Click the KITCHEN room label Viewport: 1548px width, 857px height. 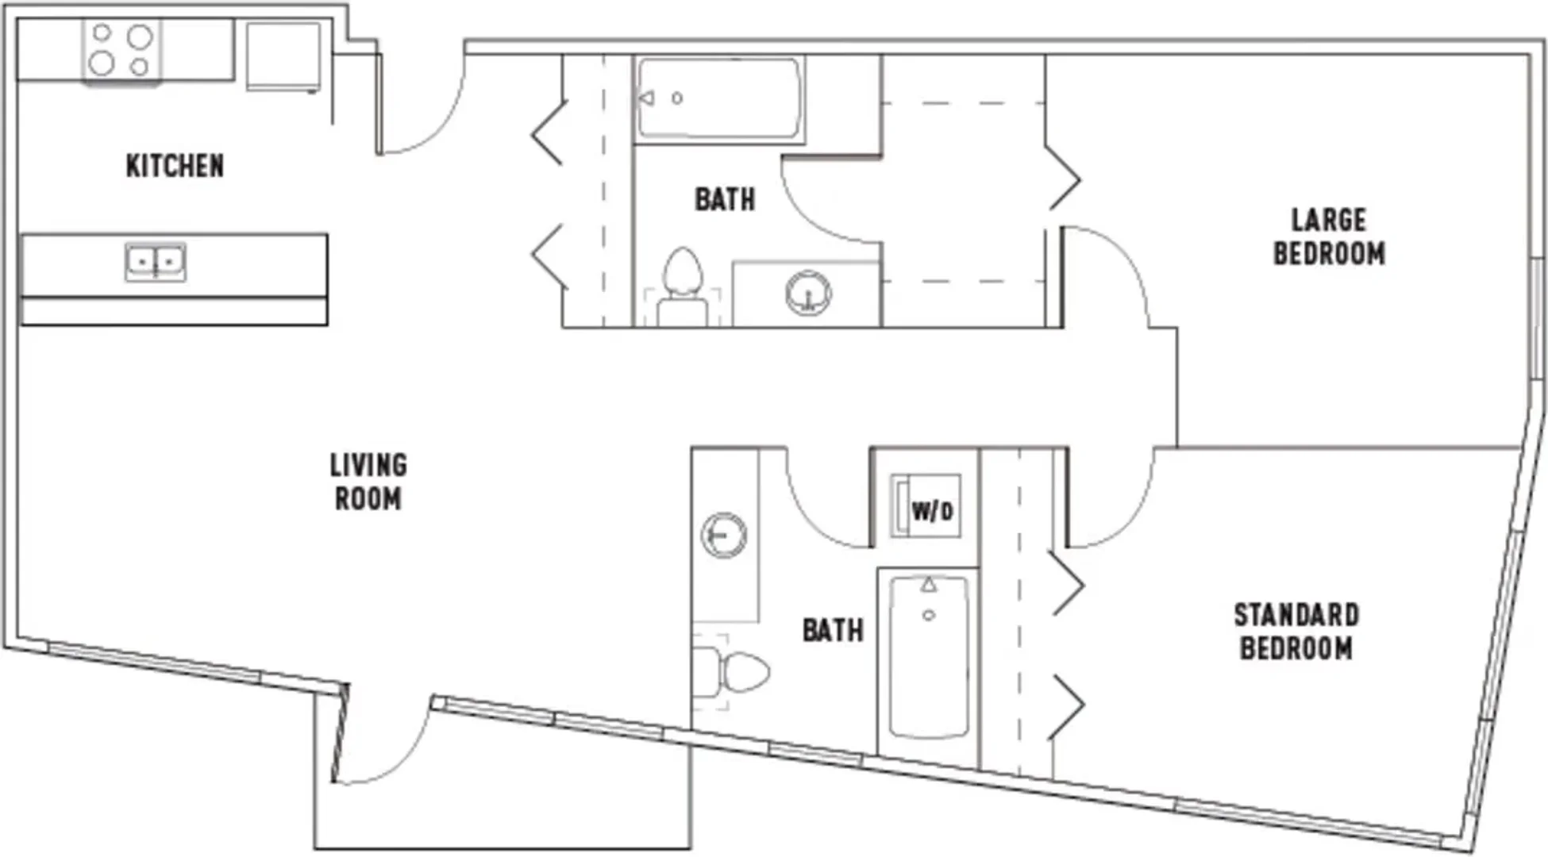(175, 166)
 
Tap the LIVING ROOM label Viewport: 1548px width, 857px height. (368, 482)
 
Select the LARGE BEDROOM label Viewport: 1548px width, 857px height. (1330, 236)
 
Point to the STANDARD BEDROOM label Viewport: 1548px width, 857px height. (1296, 632)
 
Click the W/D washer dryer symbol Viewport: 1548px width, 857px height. (926, 506)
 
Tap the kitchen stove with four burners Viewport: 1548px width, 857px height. (121, 50)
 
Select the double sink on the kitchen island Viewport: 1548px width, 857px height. (156, 262)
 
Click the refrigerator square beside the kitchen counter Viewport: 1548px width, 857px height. (283, 56)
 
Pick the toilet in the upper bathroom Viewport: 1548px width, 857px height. (682, 286)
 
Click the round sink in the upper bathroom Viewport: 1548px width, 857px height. (808, 293)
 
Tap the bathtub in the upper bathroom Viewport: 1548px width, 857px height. (719, 98)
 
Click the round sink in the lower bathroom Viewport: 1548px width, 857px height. (724, 535)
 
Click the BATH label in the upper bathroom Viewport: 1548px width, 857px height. (725, 200)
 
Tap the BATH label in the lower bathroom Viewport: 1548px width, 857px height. (833, 631)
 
